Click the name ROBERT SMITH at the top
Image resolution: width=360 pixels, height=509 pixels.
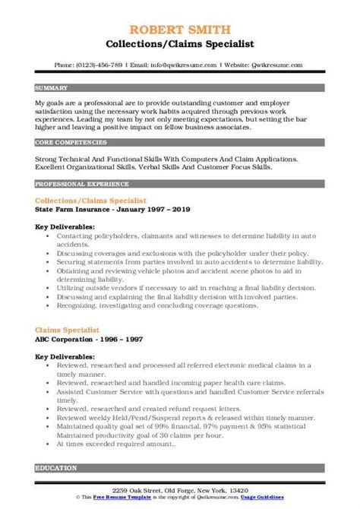(179, 10)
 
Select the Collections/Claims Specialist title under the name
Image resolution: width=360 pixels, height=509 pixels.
(179, 24)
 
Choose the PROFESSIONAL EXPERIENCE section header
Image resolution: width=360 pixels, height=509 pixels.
(77, 185)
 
